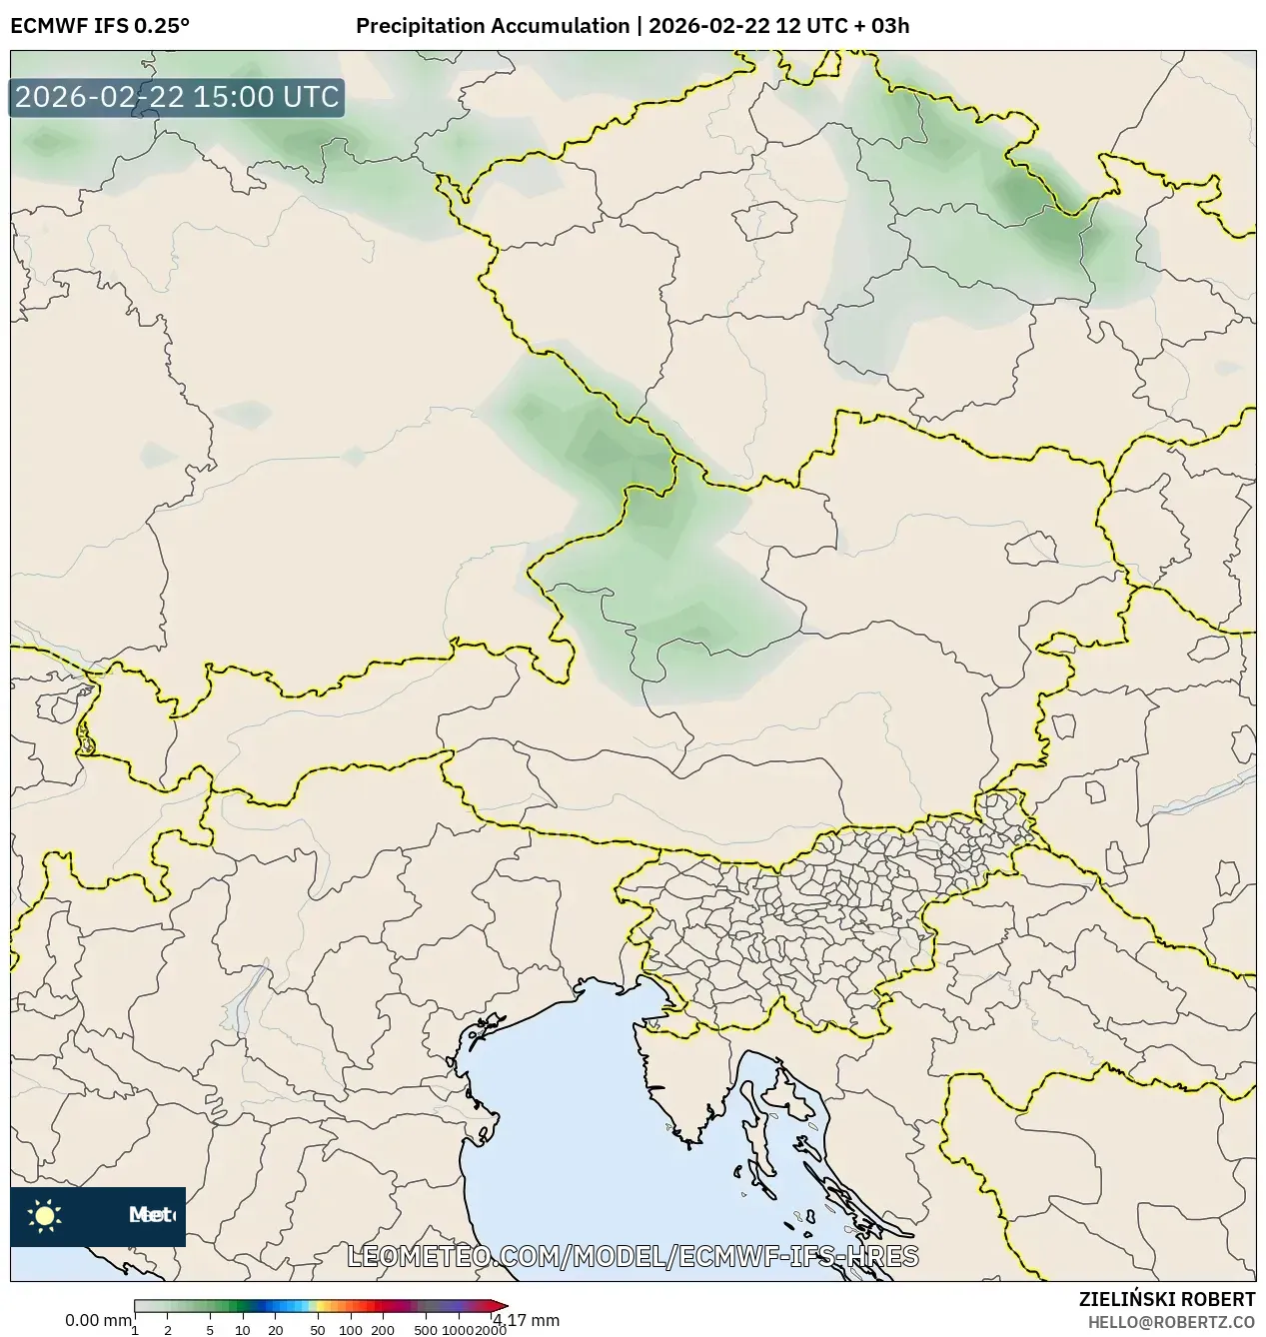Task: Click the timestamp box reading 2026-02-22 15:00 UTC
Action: [177, 98]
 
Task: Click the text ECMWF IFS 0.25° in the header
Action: [100, 26]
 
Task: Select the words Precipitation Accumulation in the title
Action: [492, 26]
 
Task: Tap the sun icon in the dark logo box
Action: [45, 1215]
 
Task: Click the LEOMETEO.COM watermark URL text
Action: [633, 1256]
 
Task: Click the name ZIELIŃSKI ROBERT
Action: [1167, 1299]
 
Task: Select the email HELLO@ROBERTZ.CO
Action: [1171, 1322]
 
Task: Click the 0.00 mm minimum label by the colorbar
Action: [97, 1320]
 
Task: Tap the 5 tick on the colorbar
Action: [210, 1329]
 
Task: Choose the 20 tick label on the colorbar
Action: [276, 1329]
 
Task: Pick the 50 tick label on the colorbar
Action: [318, 1329]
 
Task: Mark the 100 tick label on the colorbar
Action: [351, 1329]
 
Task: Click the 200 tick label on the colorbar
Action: [383, 1329]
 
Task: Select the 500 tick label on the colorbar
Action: [426, 1329]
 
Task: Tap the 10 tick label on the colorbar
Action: [243, 1329]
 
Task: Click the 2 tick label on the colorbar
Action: [168, 1329]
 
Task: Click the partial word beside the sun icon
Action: [152, 1215]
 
